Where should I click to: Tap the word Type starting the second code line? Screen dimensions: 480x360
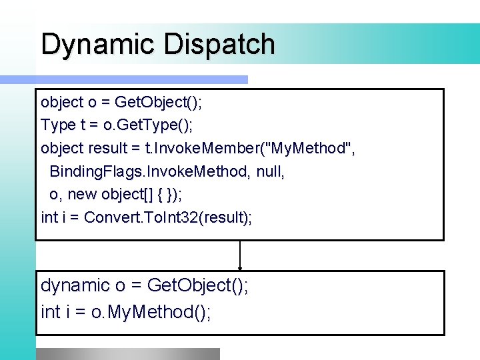[59, 125]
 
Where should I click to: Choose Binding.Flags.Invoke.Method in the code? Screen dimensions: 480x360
[148, 171]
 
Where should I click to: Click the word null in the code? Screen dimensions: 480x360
[269, 171]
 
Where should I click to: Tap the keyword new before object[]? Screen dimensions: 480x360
[82, 194]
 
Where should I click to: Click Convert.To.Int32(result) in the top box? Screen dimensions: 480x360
[168, 217]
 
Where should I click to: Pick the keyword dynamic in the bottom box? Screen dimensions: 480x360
[75, 286]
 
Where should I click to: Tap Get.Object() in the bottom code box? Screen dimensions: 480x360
[197, 286]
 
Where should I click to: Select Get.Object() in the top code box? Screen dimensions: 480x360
[159, 102]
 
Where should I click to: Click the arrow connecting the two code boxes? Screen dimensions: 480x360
[240, 255]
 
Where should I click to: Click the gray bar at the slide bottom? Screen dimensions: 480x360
[127, 354]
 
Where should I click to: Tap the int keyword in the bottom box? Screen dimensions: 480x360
[51, 311]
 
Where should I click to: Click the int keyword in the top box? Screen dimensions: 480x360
[49, 217]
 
